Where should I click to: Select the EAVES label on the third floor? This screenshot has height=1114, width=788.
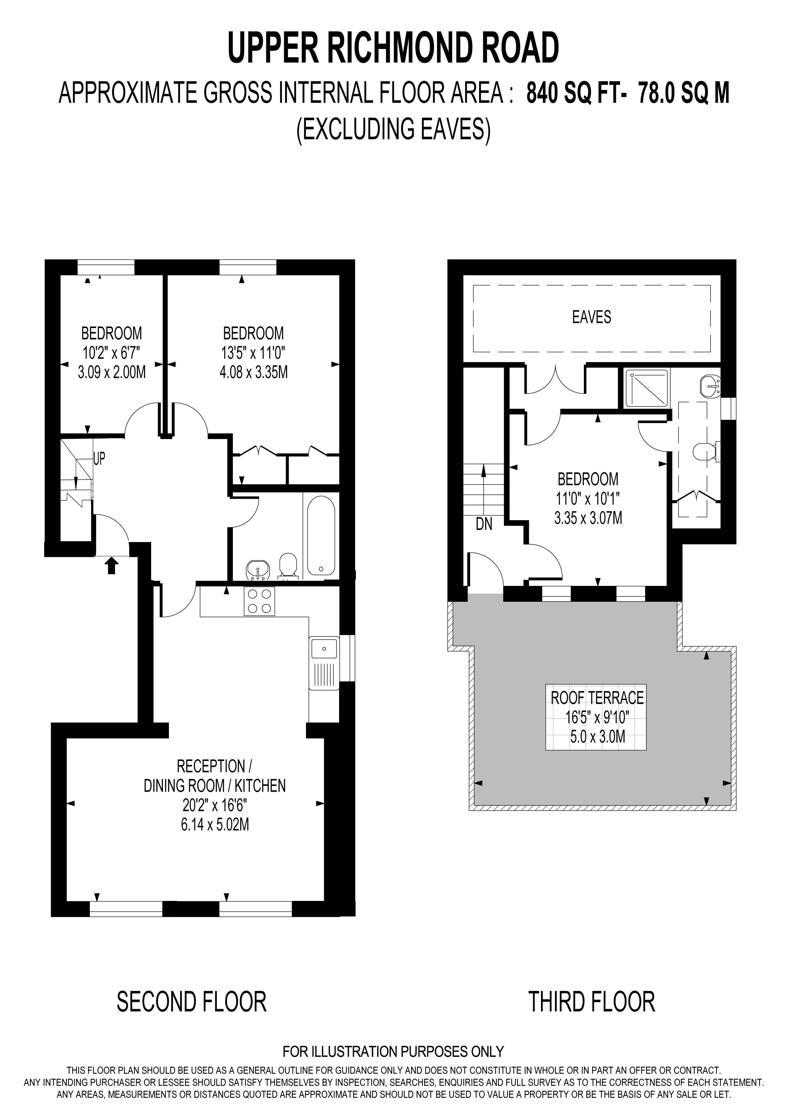tap(591, 317)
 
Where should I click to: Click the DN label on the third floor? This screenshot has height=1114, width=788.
tap(484, 524)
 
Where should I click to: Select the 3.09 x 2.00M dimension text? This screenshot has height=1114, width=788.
tap(112, 372)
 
